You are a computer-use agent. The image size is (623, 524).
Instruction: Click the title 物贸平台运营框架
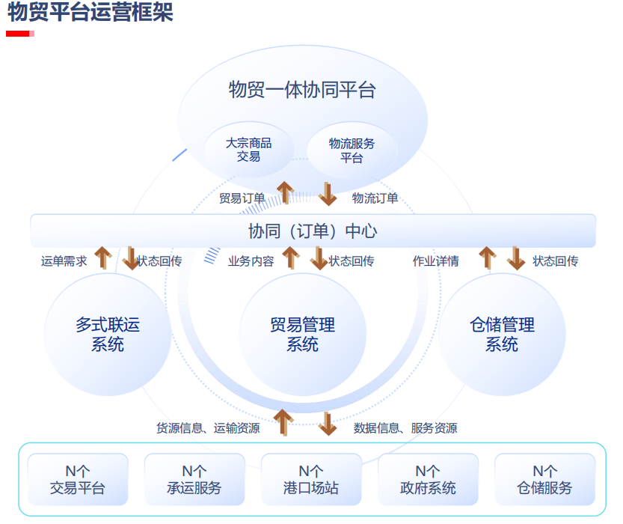pyautogui.click(x=90, y=13)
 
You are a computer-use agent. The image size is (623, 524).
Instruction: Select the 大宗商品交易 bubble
pyautogui.click(x=248, y=150)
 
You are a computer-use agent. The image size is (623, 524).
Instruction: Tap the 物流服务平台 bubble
pyautogui.click(x=352, y=150)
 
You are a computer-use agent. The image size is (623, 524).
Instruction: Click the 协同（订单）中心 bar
pyautogui.click(x=313, y=231)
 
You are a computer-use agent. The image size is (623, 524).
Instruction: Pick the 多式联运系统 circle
pyautogui.click(x=108, y=335)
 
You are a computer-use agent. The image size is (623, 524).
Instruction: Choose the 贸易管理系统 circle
pyautogui.click(x=302, y=335)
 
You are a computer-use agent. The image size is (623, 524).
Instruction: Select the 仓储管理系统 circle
pyautogui.click(x=502, y=335)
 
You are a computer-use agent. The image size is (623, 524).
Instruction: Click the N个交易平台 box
pyautogui.click(x=78, y=479)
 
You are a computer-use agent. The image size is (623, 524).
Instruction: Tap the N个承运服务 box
pyautogui.click(x=194, y=479)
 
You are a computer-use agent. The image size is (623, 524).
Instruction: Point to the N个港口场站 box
pyautogui.click(x=311, y=479)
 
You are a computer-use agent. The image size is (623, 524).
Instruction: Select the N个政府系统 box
pyautogui.click(x=428, y=479)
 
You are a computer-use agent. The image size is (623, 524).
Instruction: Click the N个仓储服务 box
pyautogui.click(x=544, y=479)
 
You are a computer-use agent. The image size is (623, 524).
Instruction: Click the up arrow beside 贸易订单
pyautogui.click(x=285, y=193)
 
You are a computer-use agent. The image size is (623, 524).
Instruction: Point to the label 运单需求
pyautogui.click(x=64, y=261)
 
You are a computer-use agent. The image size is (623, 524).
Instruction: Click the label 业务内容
pyautogui.click(x=251, y=261)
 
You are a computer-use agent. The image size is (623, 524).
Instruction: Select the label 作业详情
pyautogui.click(x=436, y=261)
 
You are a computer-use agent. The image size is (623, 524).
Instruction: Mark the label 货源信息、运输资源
pyautogui.click(x=208, y=428)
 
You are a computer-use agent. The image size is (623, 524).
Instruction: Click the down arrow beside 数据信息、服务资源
pyautogui.click(x=328, y=424)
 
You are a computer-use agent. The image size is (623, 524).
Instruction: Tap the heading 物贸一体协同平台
pyautogui.click(x=302, y=91)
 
